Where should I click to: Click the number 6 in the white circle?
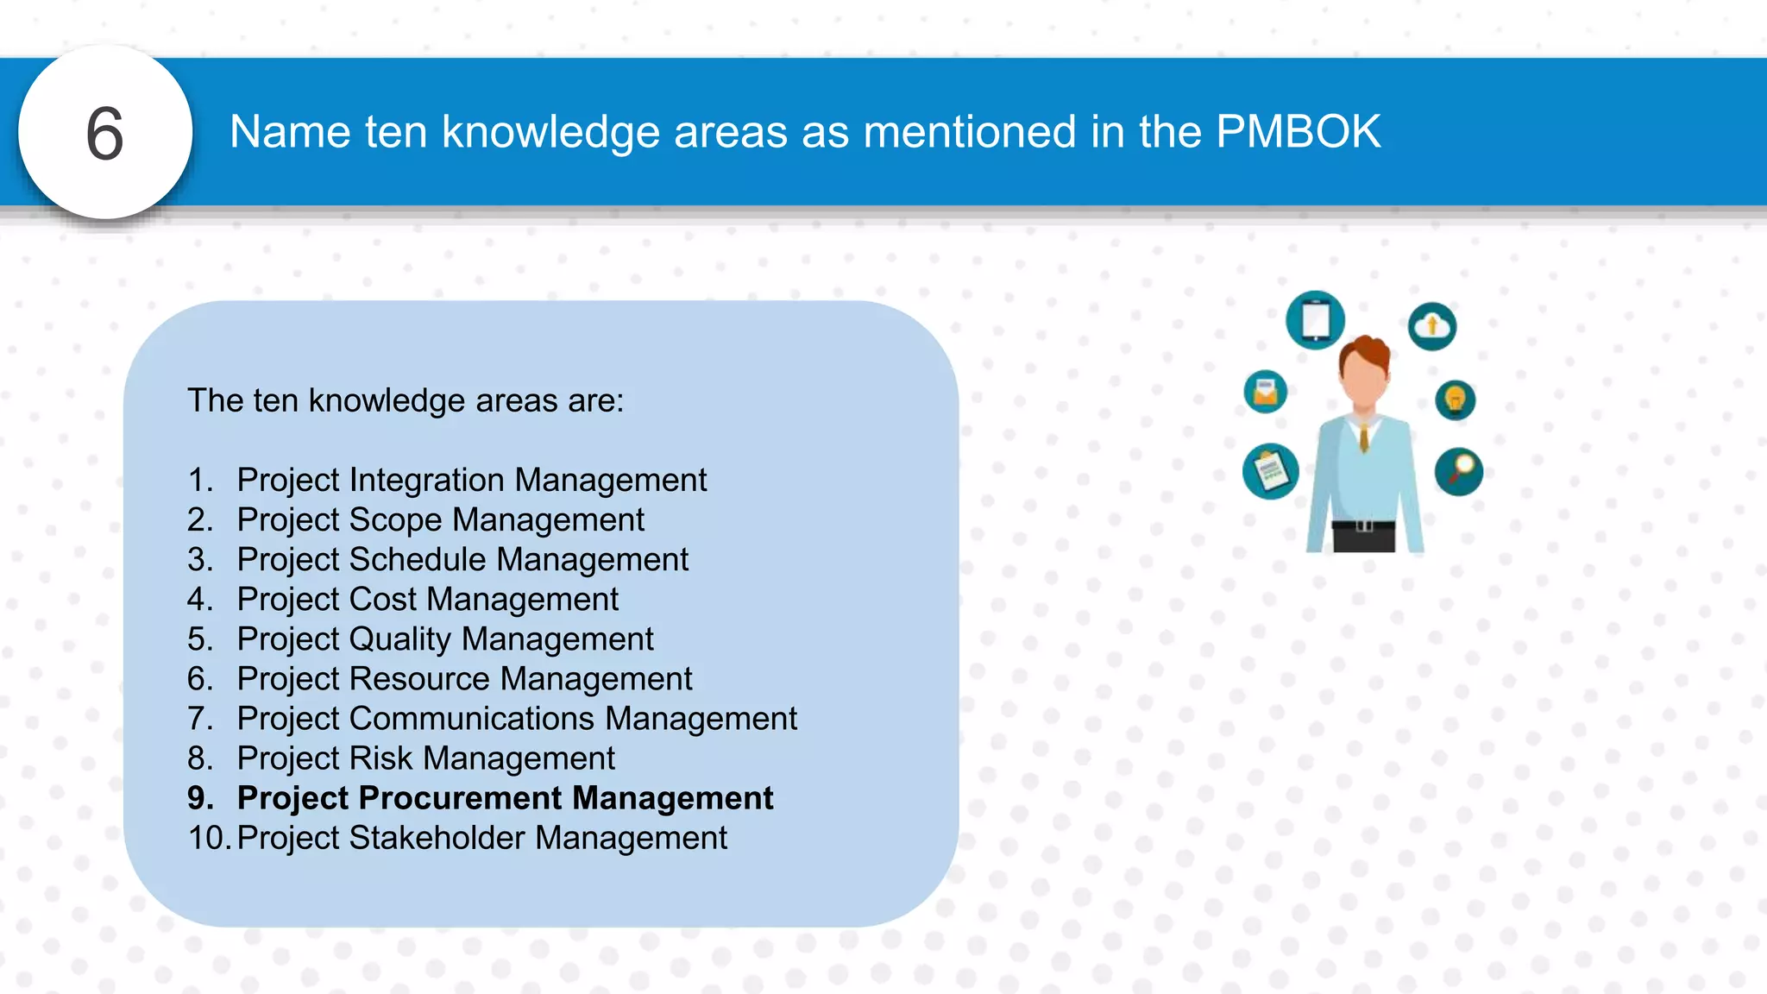click(x=104, y=134)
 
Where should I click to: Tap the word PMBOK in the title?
click(x=1298, y=132)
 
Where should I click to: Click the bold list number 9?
click(x=200, y=798)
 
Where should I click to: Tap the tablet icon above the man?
click(x=1315, y=320)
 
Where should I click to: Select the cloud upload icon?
click(x=1432, y=326)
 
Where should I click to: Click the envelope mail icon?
click(x=1266, y=392)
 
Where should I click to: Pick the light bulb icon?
click(x=1456, y=400)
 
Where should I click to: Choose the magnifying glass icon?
click(x=1459, y=472)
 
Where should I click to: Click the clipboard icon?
click(x=1271, y=471)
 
